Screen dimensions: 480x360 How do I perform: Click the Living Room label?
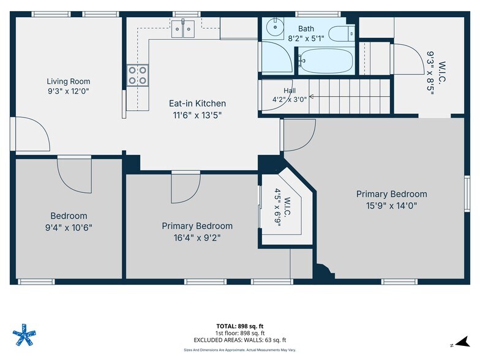click(69, 81)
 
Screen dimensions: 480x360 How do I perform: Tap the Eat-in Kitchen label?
click(197, 103)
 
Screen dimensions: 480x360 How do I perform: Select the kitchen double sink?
click(182, 29)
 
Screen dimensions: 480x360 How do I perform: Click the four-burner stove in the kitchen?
click(137, 75)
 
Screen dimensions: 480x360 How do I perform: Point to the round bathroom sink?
click(274, 26)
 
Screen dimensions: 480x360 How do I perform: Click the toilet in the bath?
click(342, 34)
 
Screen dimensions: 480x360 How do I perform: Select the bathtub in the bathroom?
click(326, 61)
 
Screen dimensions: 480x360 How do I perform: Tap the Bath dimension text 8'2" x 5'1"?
click(306, 39)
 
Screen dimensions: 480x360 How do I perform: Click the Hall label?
click(290, 91)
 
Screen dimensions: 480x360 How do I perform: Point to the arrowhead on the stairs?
click(312, 97)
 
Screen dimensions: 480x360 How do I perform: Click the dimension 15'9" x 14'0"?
click(392, 206)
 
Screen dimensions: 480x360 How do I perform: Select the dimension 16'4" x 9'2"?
click(197, 238)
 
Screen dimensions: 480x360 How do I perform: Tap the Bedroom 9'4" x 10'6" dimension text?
click(69, 228)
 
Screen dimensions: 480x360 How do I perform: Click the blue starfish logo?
click(24, 334)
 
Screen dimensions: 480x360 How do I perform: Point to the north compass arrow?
click(463, 342)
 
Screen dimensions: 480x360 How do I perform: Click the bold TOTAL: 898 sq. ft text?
click(240, 326)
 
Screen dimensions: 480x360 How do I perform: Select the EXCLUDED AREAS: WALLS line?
click(240, 340)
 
